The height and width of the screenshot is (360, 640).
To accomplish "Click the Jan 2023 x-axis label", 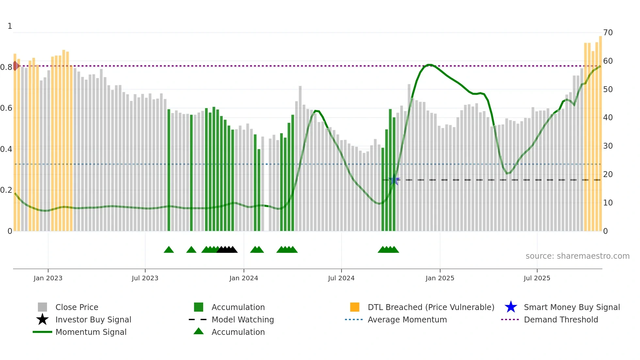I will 48,278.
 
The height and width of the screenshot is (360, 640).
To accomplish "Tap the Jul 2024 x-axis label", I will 341,278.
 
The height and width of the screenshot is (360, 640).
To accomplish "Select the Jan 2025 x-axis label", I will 440,278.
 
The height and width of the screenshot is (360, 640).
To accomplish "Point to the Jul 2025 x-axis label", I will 537,278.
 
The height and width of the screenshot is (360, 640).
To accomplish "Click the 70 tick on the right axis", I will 608,33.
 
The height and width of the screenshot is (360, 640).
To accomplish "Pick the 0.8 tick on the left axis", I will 6,67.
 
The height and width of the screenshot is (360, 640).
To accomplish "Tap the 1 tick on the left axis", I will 10,26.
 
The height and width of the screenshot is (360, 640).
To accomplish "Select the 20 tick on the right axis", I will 608,174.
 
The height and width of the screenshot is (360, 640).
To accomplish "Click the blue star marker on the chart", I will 394,180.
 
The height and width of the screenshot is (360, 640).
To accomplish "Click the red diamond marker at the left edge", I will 15,66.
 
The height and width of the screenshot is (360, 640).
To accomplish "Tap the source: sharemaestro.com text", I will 577,256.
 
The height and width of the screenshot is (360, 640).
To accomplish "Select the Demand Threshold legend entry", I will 561,319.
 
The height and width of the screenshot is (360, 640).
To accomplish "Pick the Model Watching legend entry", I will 242,319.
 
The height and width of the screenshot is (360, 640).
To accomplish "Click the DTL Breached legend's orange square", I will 355,307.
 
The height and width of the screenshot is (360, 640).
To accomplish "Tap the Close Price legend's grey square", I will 42,307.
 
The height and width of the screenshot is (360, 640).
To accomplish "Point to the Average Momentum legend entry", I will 407,319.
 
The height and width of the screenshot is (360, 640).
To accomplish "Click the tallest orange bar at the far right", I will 600,131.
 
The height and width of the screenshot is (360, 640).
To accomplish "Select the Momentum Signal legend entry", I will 91,332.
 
